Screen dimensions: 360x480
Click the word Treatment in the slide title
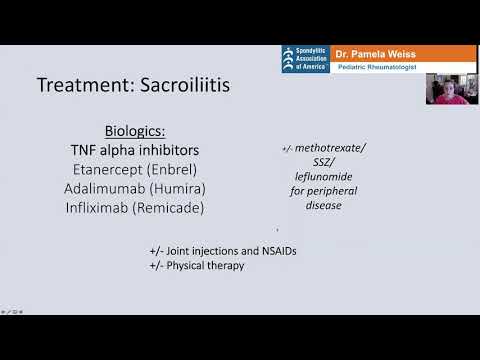(79, 85)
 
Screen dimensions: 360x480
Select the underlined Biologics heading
(137, 131)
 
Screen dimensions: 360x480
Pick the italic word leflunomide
(324, 176)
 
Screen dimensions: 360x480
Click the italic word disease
(324, 205)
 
